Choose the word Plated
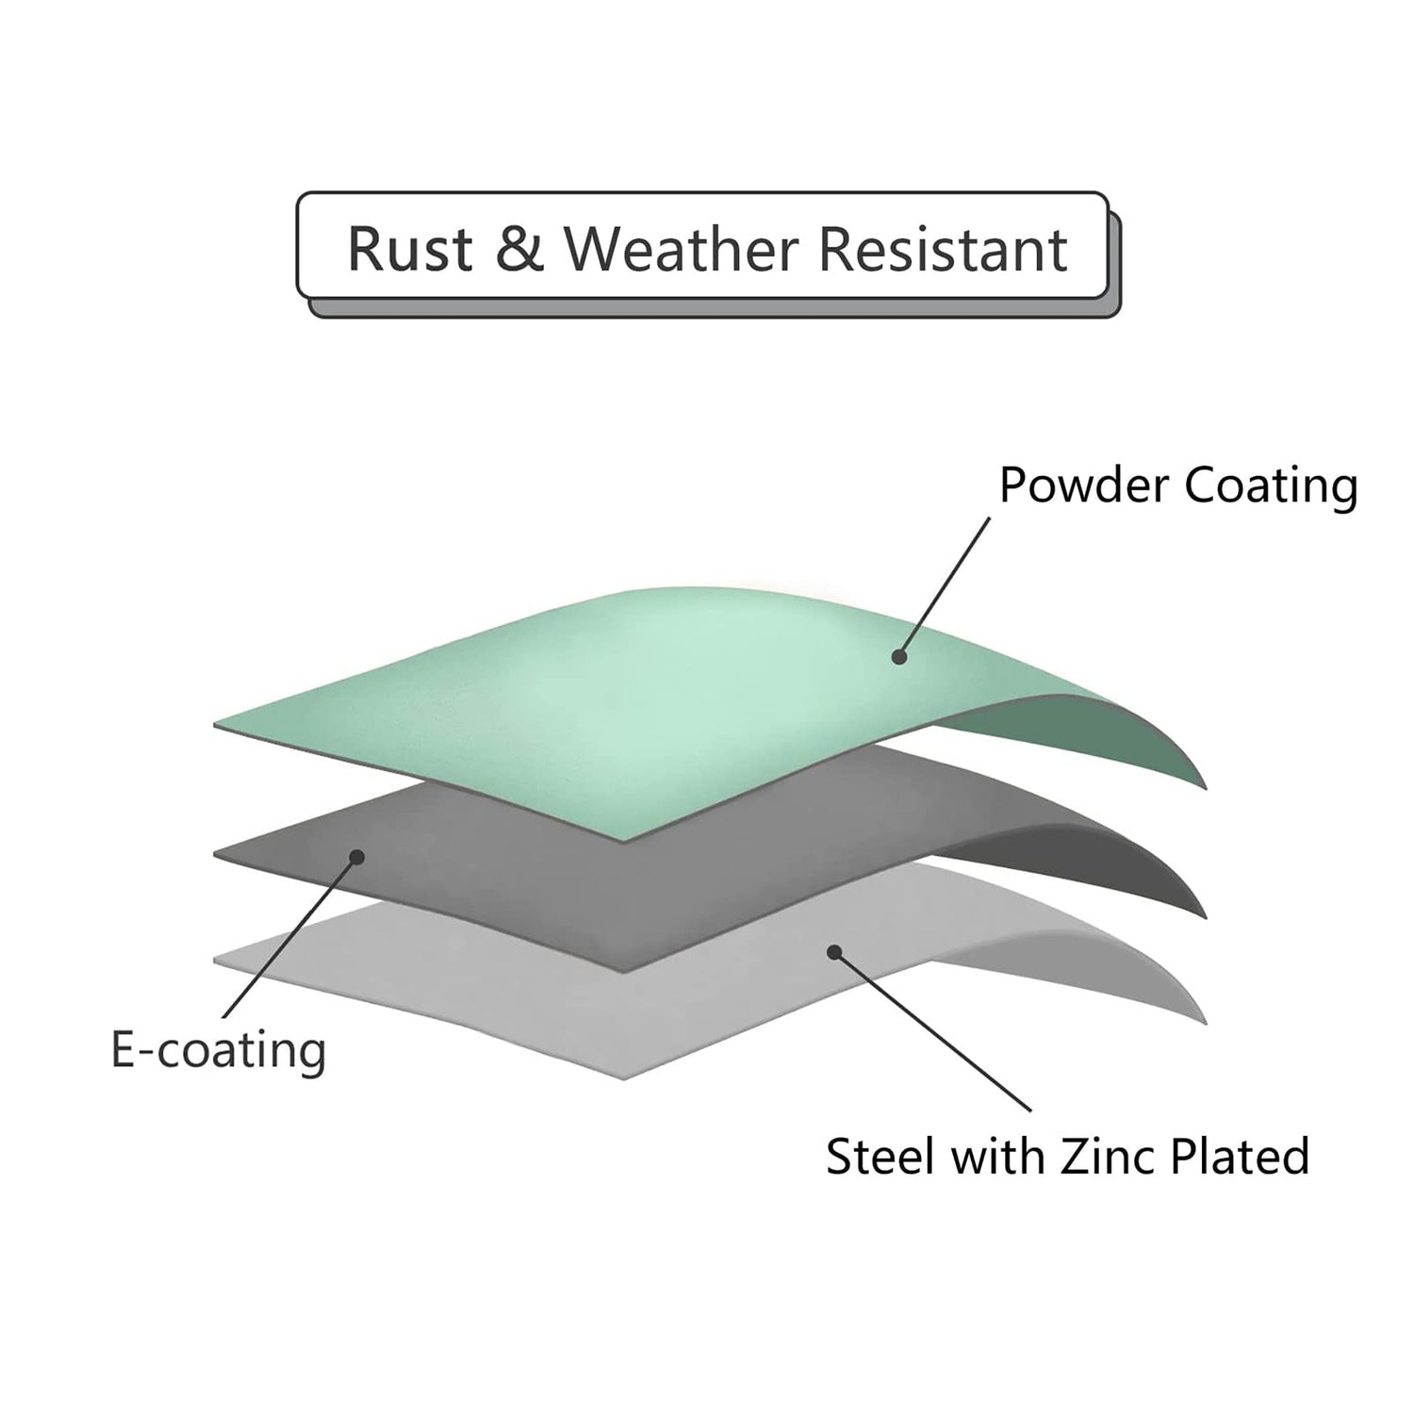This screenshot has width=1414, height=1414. (x=1241, y=1157)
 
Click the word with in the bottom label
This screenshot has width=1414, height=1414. (x=998, y=1157)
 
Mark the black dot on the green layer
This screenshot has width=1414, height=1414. (x=899, y=657)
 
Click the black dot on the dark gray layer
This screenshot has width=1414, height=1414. (x=356, y=857)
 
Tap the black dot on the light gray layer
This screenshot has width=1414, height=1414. (x=833, y=952)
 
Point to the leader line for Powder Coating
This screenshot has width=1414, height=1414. (x=945, y=586)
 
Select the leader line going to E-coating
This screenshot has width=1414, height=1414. (x=289, y=937)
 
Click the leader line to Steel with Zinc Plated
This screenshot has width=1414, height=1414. (x=931, y=1032)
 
